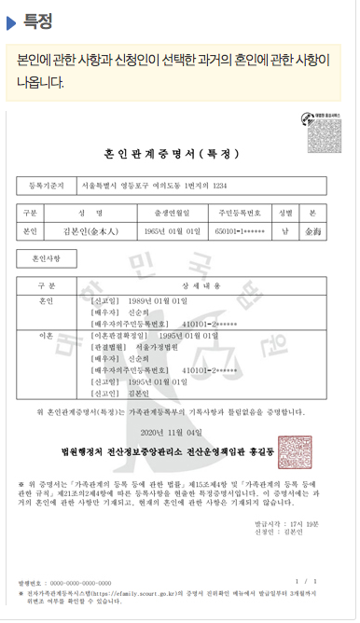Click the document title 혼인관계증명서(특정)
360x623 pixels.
click(x=179, y=154)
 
